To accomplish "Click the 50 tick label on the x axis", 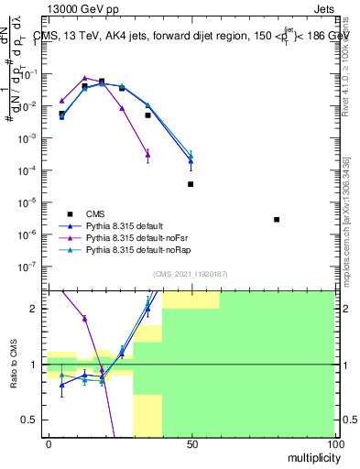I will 191,444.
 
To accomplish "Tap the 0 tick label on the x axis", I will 49,444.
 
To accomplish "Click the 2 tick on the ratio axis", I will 38,309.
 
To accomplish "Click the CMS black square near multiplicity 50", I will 191,184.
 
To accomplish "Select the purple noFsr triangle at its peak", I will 84,79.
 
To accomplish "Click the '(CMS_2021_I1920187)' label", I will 190,273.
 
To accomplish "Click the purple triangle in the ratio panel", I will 84,319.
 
